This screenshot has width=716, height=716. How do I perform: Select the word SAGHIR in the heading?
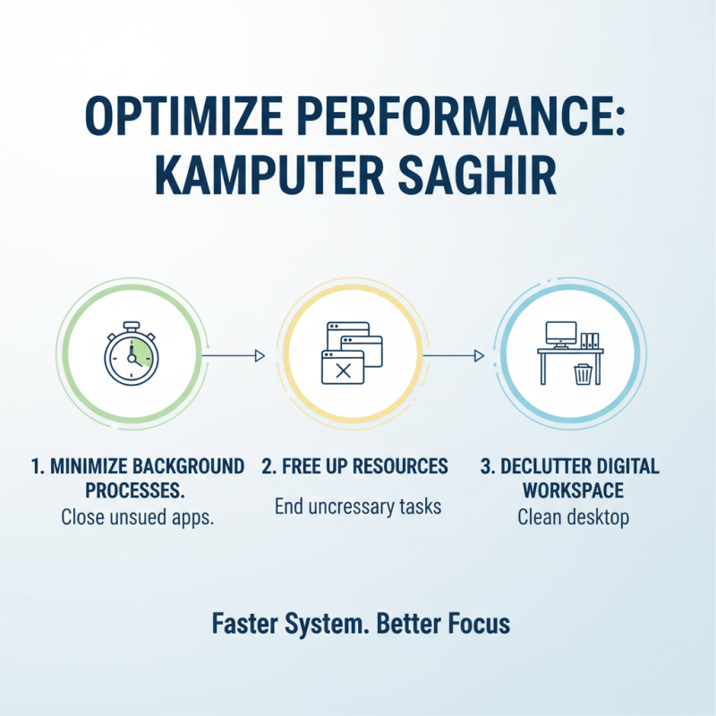click(x=486, y=175)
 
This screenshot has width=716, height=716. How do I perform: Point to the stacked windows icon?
click(x=350, y=354)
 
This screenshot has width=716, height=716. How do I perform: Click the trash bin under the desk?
click(x=583, y=371)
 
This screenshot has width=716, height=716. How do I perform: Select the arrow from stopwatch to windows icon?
click(x=234, y=356)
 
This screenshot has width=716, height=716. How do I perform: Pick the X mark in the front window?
click(x=342, y=371)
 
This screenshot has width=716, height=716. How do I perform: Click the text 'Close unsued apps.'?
click(x=137, y=517)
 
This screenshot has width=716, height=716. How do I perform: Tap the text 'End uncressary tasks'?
click(x=357, y=506)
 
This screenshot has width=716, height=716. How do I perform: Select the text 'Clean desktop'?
click(x=574, y=517)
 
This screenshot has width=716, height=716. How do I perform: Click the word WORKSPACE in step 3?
click(x=574, y=490)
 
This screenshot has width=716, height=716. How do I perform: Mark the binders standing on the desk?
click(x=590, y=340)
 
